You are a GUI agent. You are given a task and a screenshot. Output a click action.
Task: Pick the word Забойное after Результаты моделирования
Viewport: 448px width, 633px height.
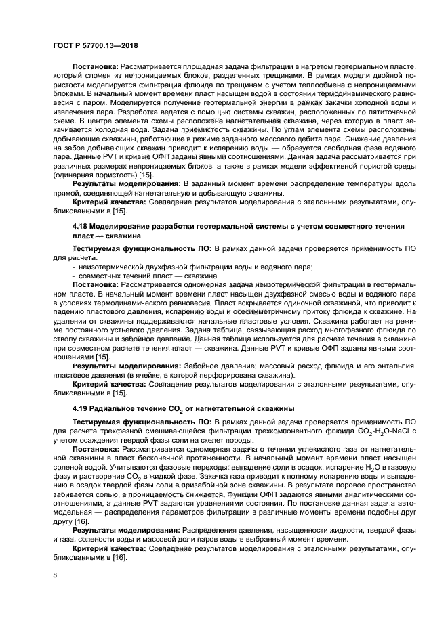coord(201,366)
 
